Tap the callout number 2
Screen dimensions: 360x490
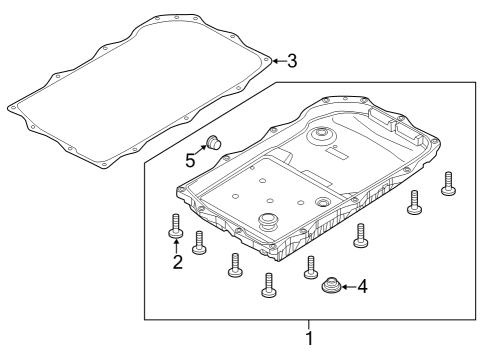point(177,263)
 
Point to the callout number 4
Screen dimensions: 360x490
point(362,287)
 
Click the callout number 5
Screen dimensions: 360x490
point(191,157)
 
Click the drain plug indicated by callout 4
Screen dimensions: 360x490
point(331,287)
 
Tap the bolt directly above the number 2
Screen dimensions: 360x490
point(176,225)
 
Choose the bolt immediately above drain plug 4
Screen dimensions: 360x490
point(311,264)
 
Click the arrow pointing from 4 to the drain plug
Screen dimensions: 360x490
point(348,288)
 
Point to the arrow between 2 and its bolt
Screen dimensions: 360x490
point(177,246)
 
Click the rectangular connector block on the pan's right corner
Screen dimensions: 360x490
point(384,119)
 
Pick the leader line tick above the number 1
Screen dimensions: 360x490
point(309,324)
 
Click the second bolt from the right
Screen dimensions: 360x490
point(412,203)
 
